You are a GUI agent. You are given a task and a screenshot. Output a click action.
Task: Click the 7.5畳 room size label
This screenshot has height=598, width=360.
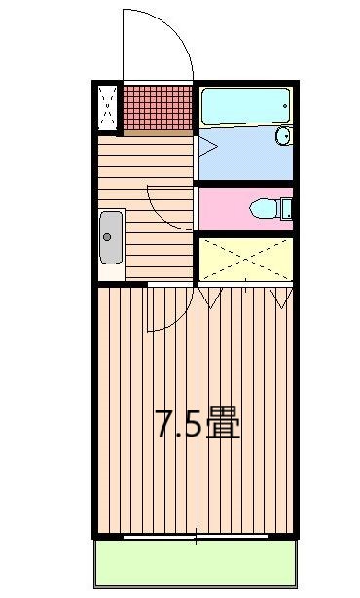click(x=197, y=425)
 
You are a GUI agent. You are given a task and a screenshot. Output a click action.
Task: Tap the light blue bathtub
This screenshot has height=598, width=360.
click(x=245, y=105)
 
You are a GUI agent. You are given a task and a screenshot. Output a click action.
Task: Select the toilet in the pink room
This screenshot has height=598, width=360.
click(x=265, y=207)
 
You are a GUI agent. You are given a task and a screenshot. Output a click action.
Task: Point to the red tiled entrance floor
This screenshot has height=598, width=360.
click(x=158, y=107)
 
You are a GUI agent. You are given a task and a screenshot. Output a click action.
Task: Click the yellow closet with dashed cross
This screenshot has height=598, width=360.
click(x=244, y=258)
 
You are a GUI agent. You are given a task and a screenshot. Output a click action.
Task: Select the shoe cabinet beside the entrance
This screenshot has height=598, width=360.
click(x=107, y=107)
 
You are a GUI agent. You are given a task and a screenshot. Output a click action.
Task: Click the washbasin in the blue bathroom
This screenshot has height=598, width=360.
click(x=283, y=135)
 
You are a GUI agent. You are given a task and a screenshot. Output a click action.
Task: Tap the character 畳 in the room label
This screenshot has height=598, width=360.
click(x=223, y=425)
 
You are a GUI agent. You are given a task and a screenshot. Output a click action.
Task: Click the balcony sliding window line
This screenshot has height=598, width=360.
click(x=195, y=535)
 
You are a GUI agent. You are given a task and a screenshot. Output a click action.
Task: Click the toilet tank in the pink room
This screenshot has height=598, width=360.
click(x=286, y=207)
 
